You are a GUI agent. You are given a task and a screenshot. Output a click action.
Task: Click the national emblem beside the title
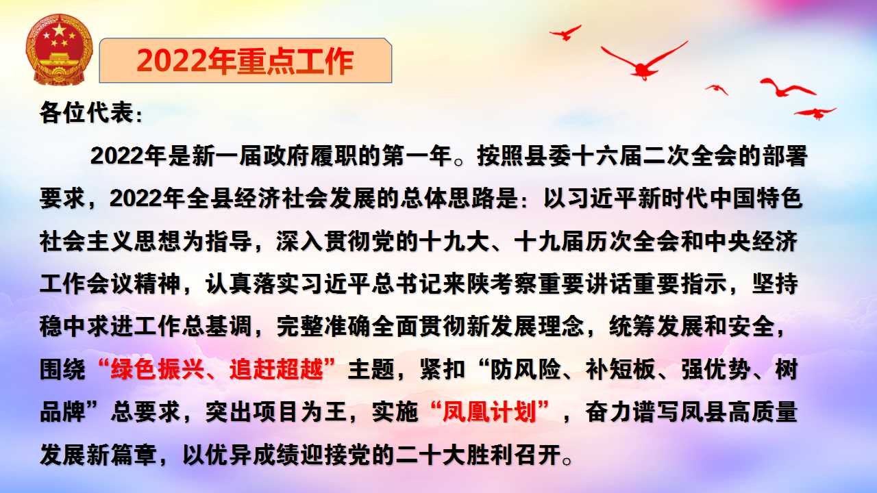pyautogui.click(x=59, y=49)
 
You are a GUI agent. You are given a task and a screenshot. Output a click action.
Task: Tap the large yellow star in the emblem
pyautogui.click(x=59, y=30)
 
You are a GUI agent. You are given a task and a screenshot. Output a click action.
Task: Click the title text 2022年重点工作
pyautogui.click(x=245, y=62)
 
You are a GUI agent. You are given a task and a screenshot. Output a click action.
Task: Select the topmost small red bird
pyautogui.click(x=565, y=33)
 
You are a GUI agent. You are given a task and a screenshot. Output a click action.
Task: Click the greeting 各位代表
pyautogui.click(x=86, y=113)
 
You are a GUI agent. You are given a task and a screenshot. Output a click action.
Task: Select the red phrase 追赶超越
pyautogui.click(x=276, y=368)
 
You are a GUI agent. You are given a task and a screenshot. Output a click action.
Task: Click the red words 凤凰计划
pyautogui.click(x=489, y=412)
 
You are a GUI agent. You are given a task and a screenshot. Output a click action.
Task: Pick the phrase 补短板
pyautogui.click(x=620, y=368)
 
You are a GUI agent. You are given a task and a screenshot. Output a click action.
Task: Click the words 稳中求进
pyautogui.click(x=86, y=326)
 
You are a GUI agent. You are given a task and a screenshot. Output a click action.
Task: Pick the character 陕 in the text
pyautogui.click(x=478, y=283)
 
